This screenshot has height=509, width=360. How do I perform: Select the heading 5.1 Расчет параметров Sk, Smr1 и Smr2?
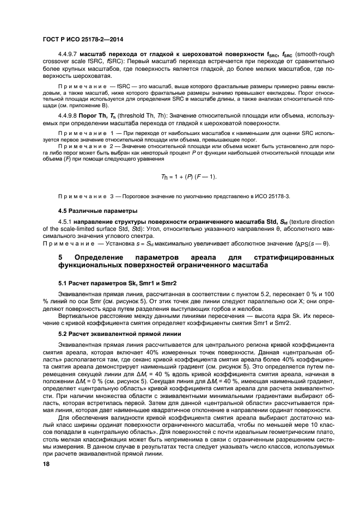click(117, 284)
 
